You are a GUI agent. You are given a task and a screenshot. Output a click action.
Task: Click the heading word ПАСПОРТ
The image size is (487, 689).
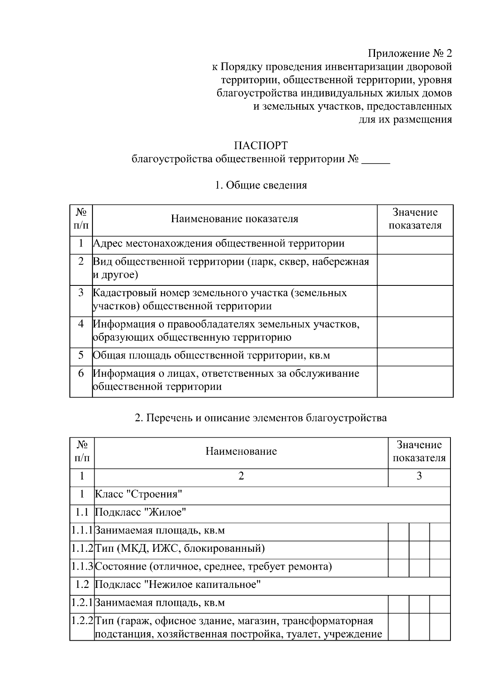click(x=261, y=145)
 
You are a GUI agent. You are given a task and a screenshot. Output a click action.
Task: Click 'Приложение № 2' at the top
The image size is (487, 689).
click(x=409, y=53)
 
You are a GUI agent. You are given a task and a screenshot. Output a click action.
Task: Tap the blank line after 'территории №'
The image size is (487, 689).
click(x=375, y=160)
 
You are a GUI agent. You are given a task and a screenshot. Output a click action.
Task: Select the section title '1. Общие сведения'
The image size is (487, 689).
click(x=261, y=185)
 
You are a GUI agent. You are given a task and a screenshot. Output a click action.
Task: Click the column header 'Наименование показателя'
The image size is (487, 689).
click(x=235, y=219)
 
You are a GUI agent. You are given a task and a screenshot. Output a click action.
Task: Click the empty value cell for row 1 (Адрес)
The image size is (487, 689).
click(x=415, y=245)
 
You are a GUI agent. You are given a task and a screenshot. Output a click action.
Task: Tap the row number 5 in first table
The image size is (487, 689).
click(x=81, y=355)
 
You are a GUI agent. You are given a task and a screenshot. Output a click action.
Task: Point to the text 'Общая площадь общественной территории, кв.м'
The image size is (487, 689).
click(x=211, y=356)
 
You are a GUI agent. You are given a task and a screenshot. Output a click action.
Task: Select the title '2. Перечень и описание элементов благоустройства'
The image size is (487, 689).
click(x=261, y=417)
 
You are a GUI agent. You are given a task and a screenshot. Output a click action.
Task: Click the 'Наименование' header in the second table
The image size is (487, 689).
click(x=241, y=451)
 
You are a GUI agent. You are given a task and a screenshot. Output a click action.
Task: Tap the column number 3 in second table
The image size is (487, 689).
click(x=419, y=476)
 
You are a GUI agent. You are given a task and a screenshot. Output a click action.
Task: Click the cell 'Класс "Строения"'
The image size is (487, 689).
click(x=139, y=494)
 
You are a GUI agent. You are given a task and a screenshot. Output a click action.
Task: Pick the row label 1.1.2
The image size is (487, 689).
click(x=82, y=549)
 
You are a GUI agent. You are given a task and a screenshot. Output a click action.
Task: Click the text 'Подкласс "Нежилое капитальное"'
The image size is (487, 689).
click(x=178, y=584)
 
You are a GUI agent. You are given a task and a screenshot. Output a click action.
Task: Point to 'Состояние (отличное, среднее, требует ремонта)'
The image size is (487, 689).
click(x=213, y=566)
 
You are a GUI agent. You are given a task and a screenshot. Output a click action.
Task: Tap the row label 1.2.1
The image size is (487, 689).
click(x=82, y=603)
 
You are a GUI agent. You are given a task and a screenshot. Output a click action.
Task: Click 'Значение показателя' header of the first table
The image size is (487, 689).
click(x=415, y=219)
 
